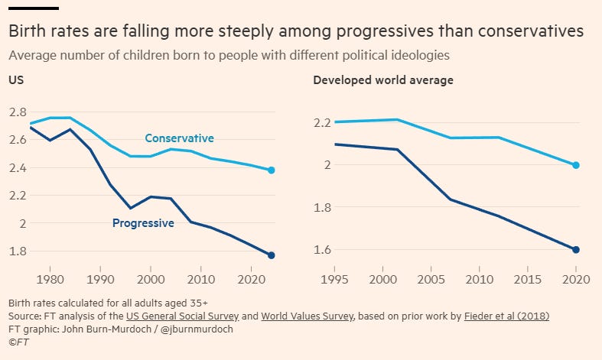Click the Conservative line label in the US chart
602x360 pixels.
[179, 138]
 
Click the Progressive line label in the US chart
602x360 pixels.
[143, 223]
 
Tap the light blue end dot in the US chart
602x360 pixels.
[272, 170]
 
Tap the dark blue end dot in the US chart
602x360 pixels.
[272, 255]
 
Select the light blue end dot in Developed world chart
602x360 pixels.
[577, 165]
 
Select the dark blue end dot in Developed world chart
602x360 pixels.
[577, 250]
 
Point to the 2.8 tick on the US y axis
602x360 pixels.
[18, 112]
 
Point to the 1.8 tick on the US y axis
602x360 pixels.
[18, 251]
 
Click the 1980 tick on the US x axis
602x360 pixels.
[50, 280]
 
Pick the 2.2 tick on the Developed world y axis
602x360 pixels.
[323, 122]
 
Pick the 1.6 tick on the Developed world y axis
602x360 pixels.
[323, 250]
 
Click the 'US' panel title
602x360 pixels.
[15, 80]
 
